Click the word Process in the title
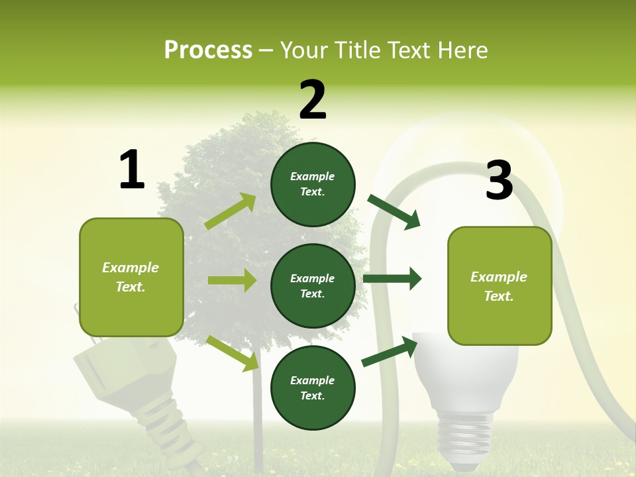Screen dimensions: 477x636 [208, 50]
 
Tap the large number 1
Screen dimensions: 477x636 [132, 170]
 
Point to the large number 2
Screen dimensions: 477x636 [313, 100]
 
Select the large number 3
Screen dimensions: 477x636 [499, 180]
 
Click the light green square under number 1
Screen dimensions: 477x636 [131, 277]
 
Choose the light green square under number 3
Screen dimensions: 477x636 [500, 286]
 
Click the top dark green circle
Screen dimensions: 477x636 [313, 184]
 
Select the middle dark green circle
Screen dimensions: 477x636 [313, 286]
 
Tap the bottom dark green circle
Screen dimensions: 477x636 [313, 388]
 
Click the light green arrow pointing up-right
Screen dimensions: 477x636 [231, 211]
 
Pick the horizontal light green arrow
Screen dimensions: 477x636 [232, 280]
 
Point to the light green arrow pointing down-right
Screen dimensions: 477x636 [233, 352]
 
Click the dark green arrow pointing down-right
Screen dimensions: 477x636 [394, 212]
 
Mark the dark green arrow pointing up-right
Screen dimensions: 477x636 [390, 351]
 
